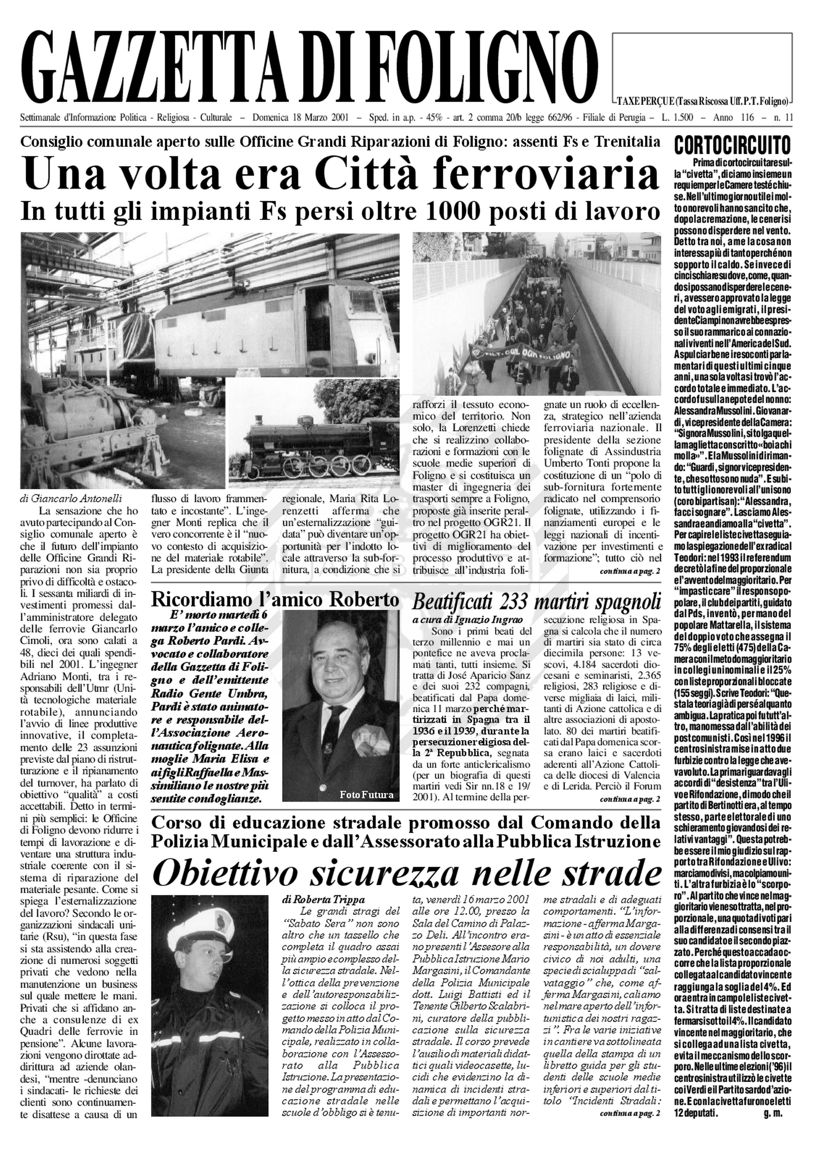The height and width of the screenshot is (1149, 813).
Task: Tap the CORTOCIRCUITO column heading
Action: pos(733,146)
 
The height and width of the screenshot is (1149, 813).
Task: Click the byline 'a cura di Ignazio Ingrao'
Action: pos(460,620)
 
